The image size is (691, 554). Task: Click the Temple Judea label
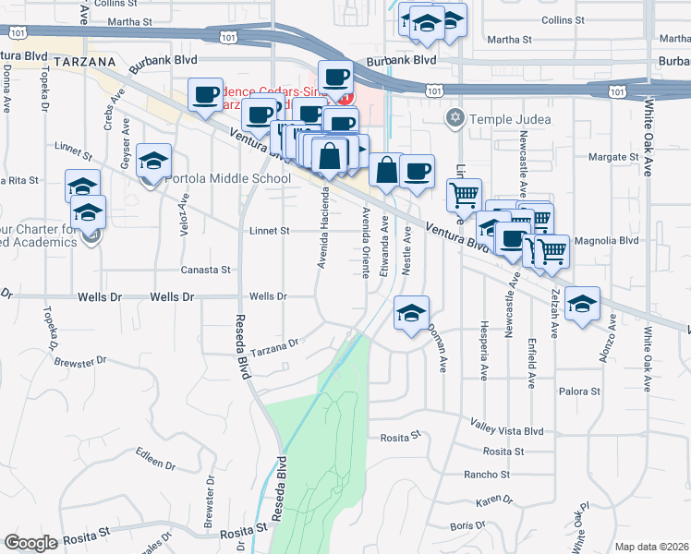(511, 119)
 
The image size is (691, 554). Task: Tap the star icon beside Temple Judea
(454, 118)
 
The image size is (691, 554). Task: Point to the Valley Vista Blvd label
(507, 431)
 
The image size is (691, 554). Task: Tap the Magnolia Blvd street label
(605, 240)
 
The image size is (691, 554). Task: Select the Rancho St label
(488, 475)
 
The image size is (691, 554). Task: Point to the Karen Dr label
(494, 500)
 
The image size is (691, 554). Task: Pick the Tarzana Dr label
(278, 343)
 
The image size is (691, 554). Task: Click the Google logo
(30, 542)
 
